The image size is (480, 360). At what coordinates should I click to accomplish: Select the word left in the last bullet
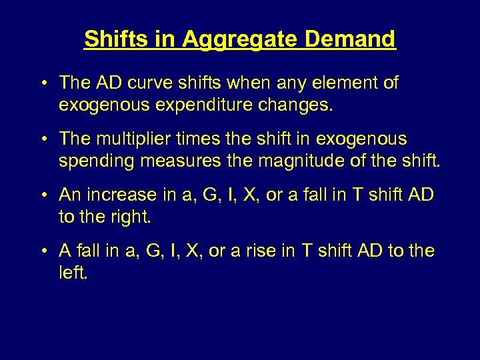point(72,273)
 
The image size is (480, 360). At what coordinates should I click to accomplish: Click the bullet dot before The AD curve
point(42,84)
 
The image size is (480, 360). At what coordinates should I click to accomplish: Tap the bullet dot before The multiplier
point(42,140)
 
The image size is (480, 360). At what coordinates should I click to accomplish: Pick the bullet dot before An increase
point(42,196)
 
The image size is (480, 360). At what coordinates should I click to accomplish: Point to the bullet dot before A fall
point(42,252)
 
